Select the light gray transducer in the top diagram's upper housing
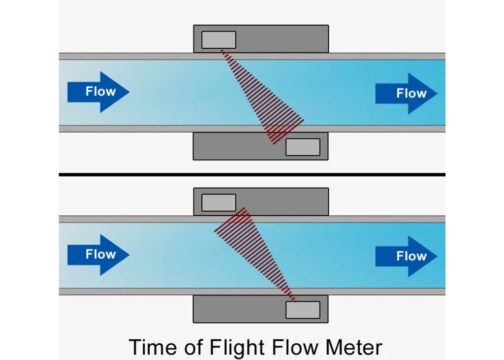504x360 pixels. point(219,40)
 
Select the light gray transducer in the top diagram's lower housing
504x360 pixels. point(303,147)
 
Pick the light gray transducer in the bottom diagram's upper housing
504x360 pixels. point(219,203)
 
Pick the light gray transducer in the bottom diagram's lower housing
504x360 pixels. point(303,310)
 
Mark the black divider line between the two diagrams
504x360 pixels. point(252,174)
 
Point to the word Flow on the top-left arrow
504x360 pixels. point(100,92)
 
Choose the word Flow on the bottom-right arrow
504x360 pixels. point(411,256)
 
